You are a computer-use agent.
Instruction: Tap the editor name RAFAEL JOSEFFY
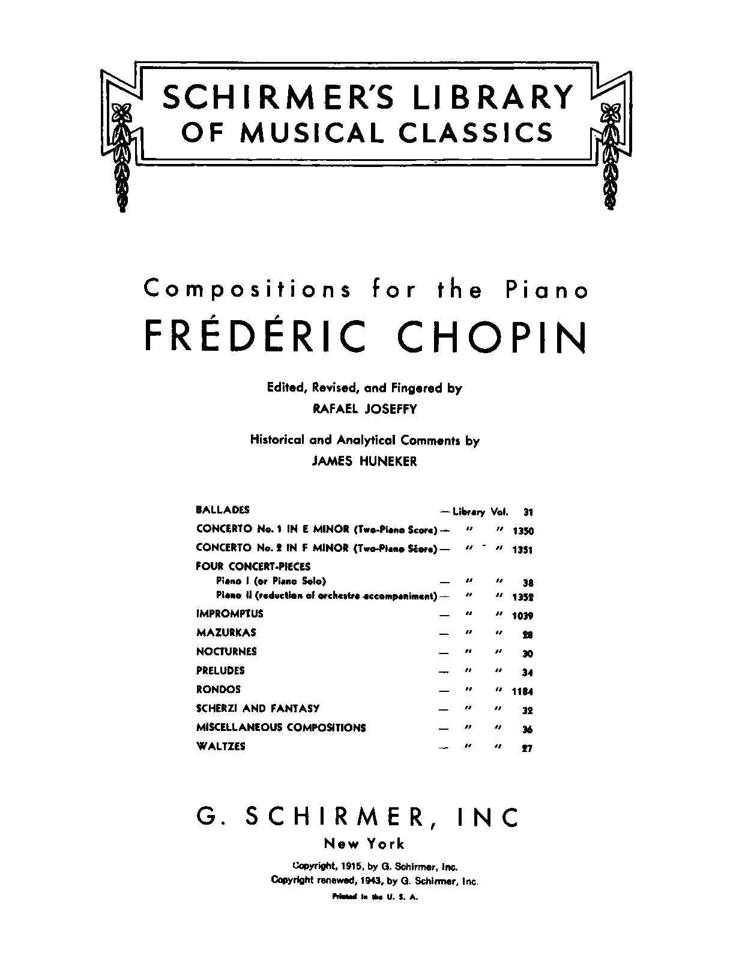364,409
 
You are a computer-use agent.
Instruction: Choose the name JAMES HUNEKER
364,461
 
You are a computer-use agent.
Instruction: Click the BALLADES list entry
223,510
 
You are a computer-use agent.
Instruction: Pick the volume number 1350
523,531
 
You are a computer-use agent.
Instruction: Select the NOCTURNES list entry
226,652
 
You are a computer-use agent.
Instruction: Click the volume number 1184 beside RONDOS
522,691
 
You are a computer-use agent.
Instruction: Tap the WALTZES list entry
221,747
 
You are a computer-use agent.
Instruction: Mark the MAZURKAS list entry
226,632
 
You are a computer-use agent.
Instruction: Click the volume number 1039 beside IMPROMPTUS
522,616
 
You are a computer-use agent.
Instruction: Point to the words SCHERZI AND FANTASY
258,709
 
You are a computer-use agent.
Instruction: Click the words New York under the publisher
364,843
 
